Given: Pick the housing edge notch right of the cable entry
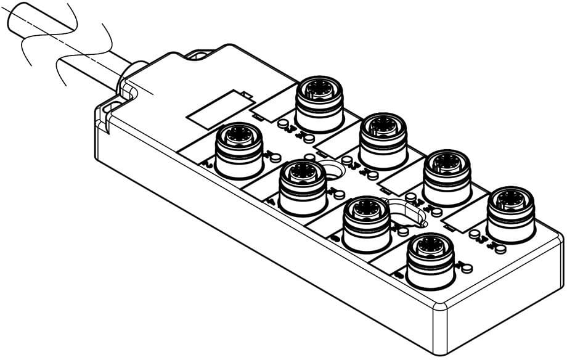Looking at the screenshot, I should coord(198,57).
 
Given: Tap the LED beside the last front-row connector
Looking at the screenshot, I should coord(467,268).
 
